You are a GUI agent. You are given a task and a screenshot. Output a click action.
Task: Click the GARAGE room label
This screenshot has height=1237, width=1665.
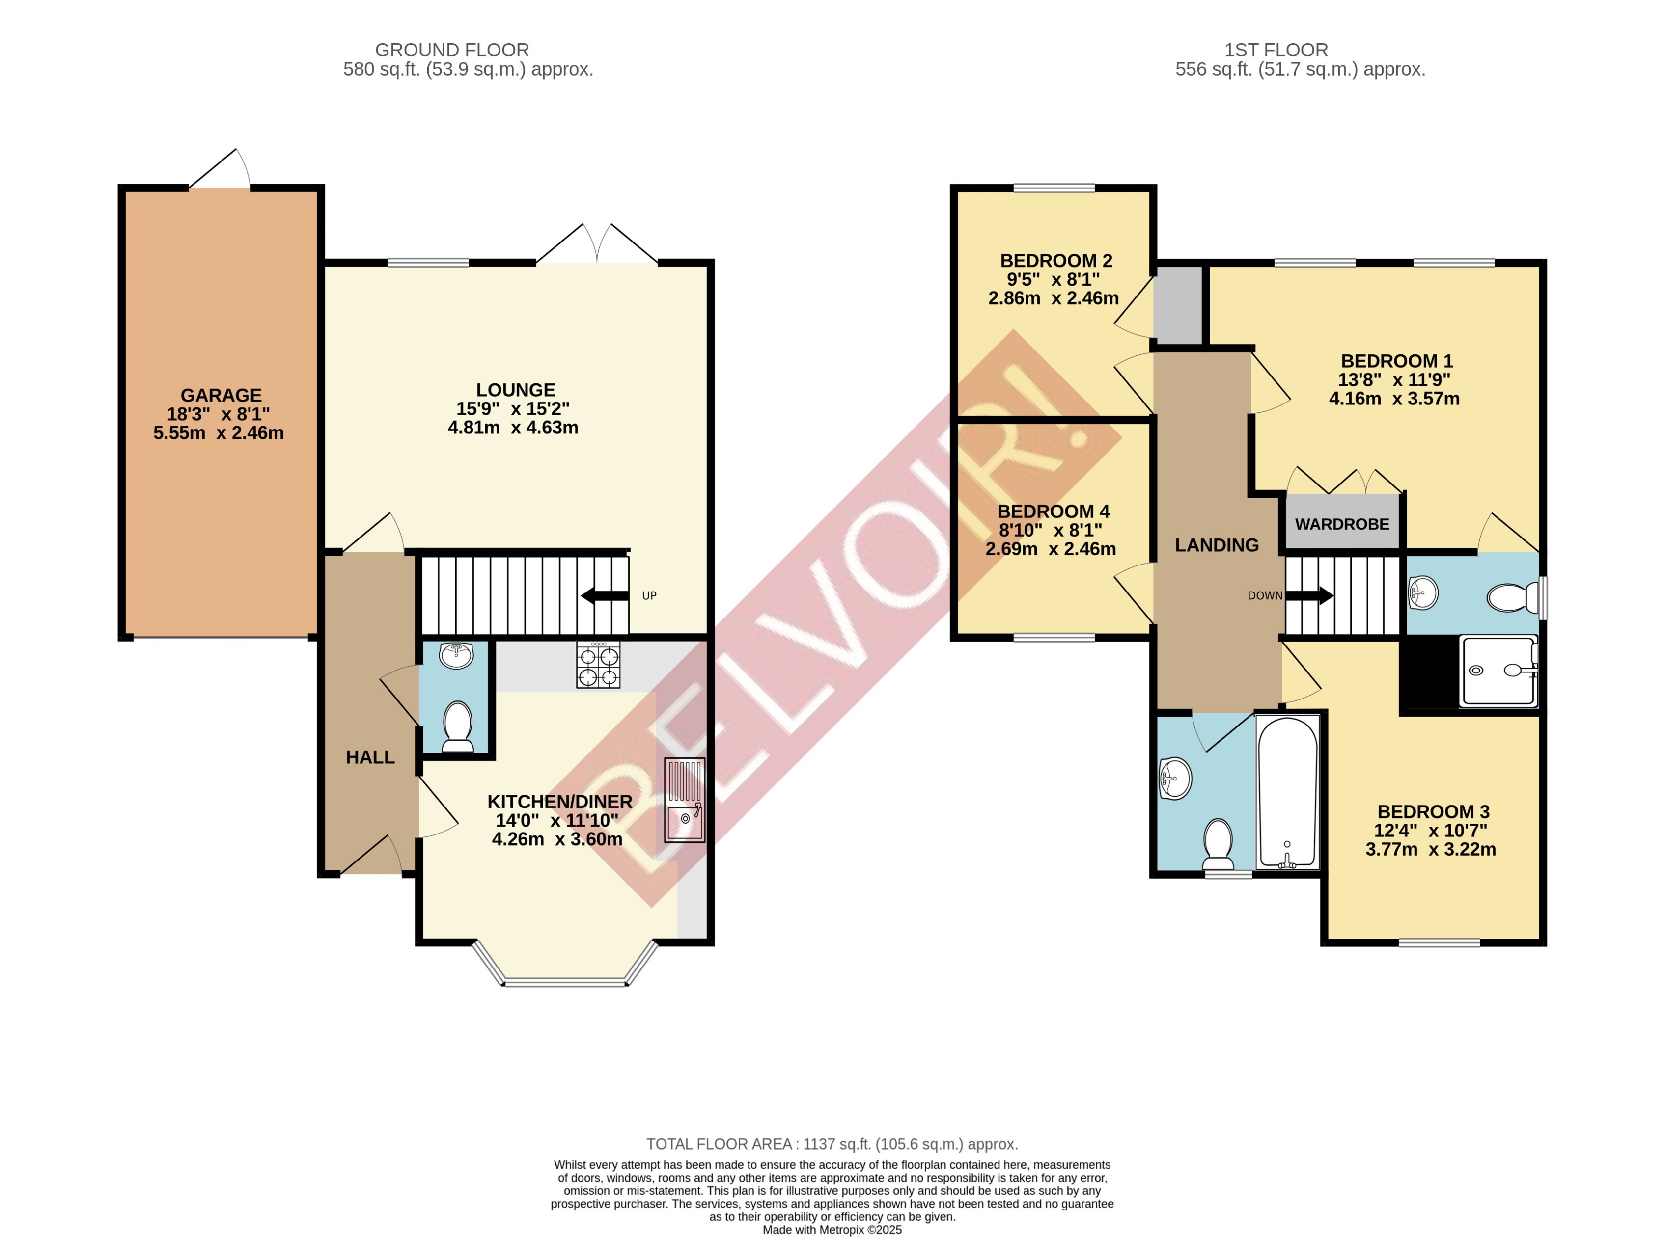(221, 395)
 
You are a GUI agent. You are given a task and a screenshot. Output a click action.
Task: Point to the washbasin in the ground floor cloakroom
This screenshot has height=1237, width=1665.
(456, 655)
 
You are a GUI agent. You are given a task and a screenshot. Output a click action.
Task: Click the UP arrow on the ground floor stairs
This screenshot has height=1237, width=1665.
(605, 596)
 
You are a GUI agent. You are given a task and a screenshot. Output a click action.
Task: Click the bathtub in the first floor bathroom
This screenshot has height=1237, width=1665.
(1287, 792)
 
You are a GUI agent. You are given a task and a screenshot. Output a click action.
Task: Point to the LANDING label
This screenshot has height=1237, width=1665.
(1217, 545)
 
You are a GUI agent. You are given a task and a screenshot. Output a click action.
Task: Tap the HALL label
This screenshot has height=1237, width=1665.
(370, 757)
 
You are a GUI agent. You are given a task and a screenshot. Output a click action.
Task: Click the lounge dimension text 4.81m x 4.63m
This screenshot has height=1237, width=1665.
(513, 428)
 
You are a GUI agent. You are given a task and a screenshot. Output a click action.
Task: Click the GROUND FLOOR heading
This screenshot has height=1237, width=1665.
(452, 50)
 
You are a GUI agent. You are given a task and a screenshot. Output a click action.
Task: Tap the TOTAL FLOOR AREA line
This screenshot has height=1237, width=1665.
(832, 1144)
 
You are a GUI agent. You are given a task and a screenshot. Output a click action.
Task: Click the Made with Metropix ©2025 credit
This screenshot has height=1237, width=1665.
(832, 1230)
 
